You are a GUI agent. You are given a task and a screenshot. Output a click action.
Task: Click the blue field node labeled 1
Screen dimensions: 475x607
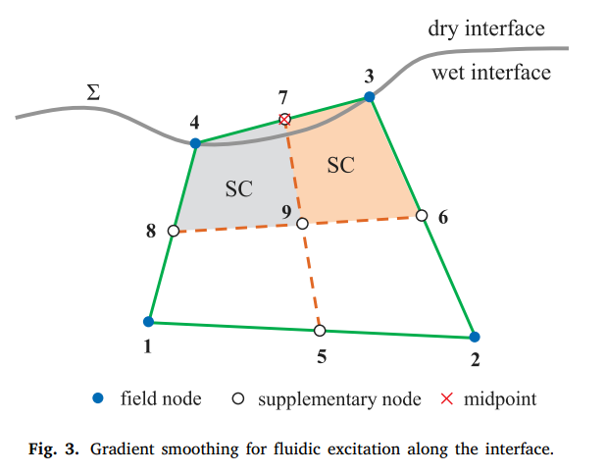pyautogui.click(x=148, y=321)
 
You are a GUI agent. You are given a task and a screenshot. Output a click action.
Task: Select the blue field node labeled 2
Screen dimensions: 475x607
pyautogui.click(x=474, y=336)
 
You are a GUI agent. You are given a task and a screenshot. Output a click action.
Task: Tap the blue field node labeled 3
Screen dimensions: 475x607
pyautogui.click(x=369, y=96)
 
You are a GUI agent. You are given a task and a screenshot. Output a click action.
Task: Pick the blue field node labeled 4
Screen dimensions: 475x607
pyautogui.click(x=195, y=143)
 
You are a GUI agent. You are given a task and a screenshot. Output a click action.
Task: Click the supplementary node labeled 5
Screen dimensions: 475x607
pyautogui.click(x=320, y=331)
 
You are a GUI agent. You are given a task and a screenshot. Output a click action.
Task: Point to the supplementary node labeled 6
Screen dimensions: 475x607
pyautogui.click(x=422, y=215)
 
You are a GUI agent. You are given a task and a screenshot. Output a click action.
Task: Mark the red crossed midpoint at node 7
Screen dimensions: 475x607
pyautogui.click(x=284, y=120)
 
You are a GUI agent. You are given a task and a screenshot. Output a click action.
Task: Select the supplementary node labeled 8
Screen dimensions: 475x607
pyautogui.click(x=173, y=231)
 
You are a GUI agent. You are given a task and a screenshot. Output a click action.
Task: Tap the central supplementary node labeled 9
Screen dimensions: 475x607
pyautogui.click(x=302, y=224)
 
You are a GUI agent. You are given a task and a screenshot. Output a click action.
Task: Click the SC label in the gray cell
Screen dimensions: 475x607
pyautogui.click(x=239, y=189)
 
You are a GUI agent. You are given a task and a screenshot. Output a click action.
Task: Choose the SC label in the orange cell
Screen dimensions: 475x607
pyautogui.click(x=340, y=165)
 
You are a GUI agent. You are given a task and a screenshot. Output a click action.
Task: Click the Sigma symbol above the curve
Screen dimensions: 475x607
pyautogui.click(x=93, y=93)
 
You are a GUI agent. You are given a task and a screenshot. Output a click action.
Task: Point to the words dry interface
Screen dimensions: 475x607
pyautogui.click(x=485, y=28)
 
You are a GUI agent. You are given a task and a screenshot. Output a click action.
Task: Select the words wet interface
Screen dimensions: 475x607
pyautogui.click(x=490, y=73)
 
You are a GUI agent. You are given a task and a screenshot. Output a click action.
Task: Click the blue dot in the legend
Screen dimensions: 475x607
pyautogui.click(x=98, y=398)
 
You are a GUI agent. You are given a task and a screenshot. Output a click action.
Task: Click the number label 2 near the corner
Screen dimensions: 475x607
pyautogui.click(x=475, y=359)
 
